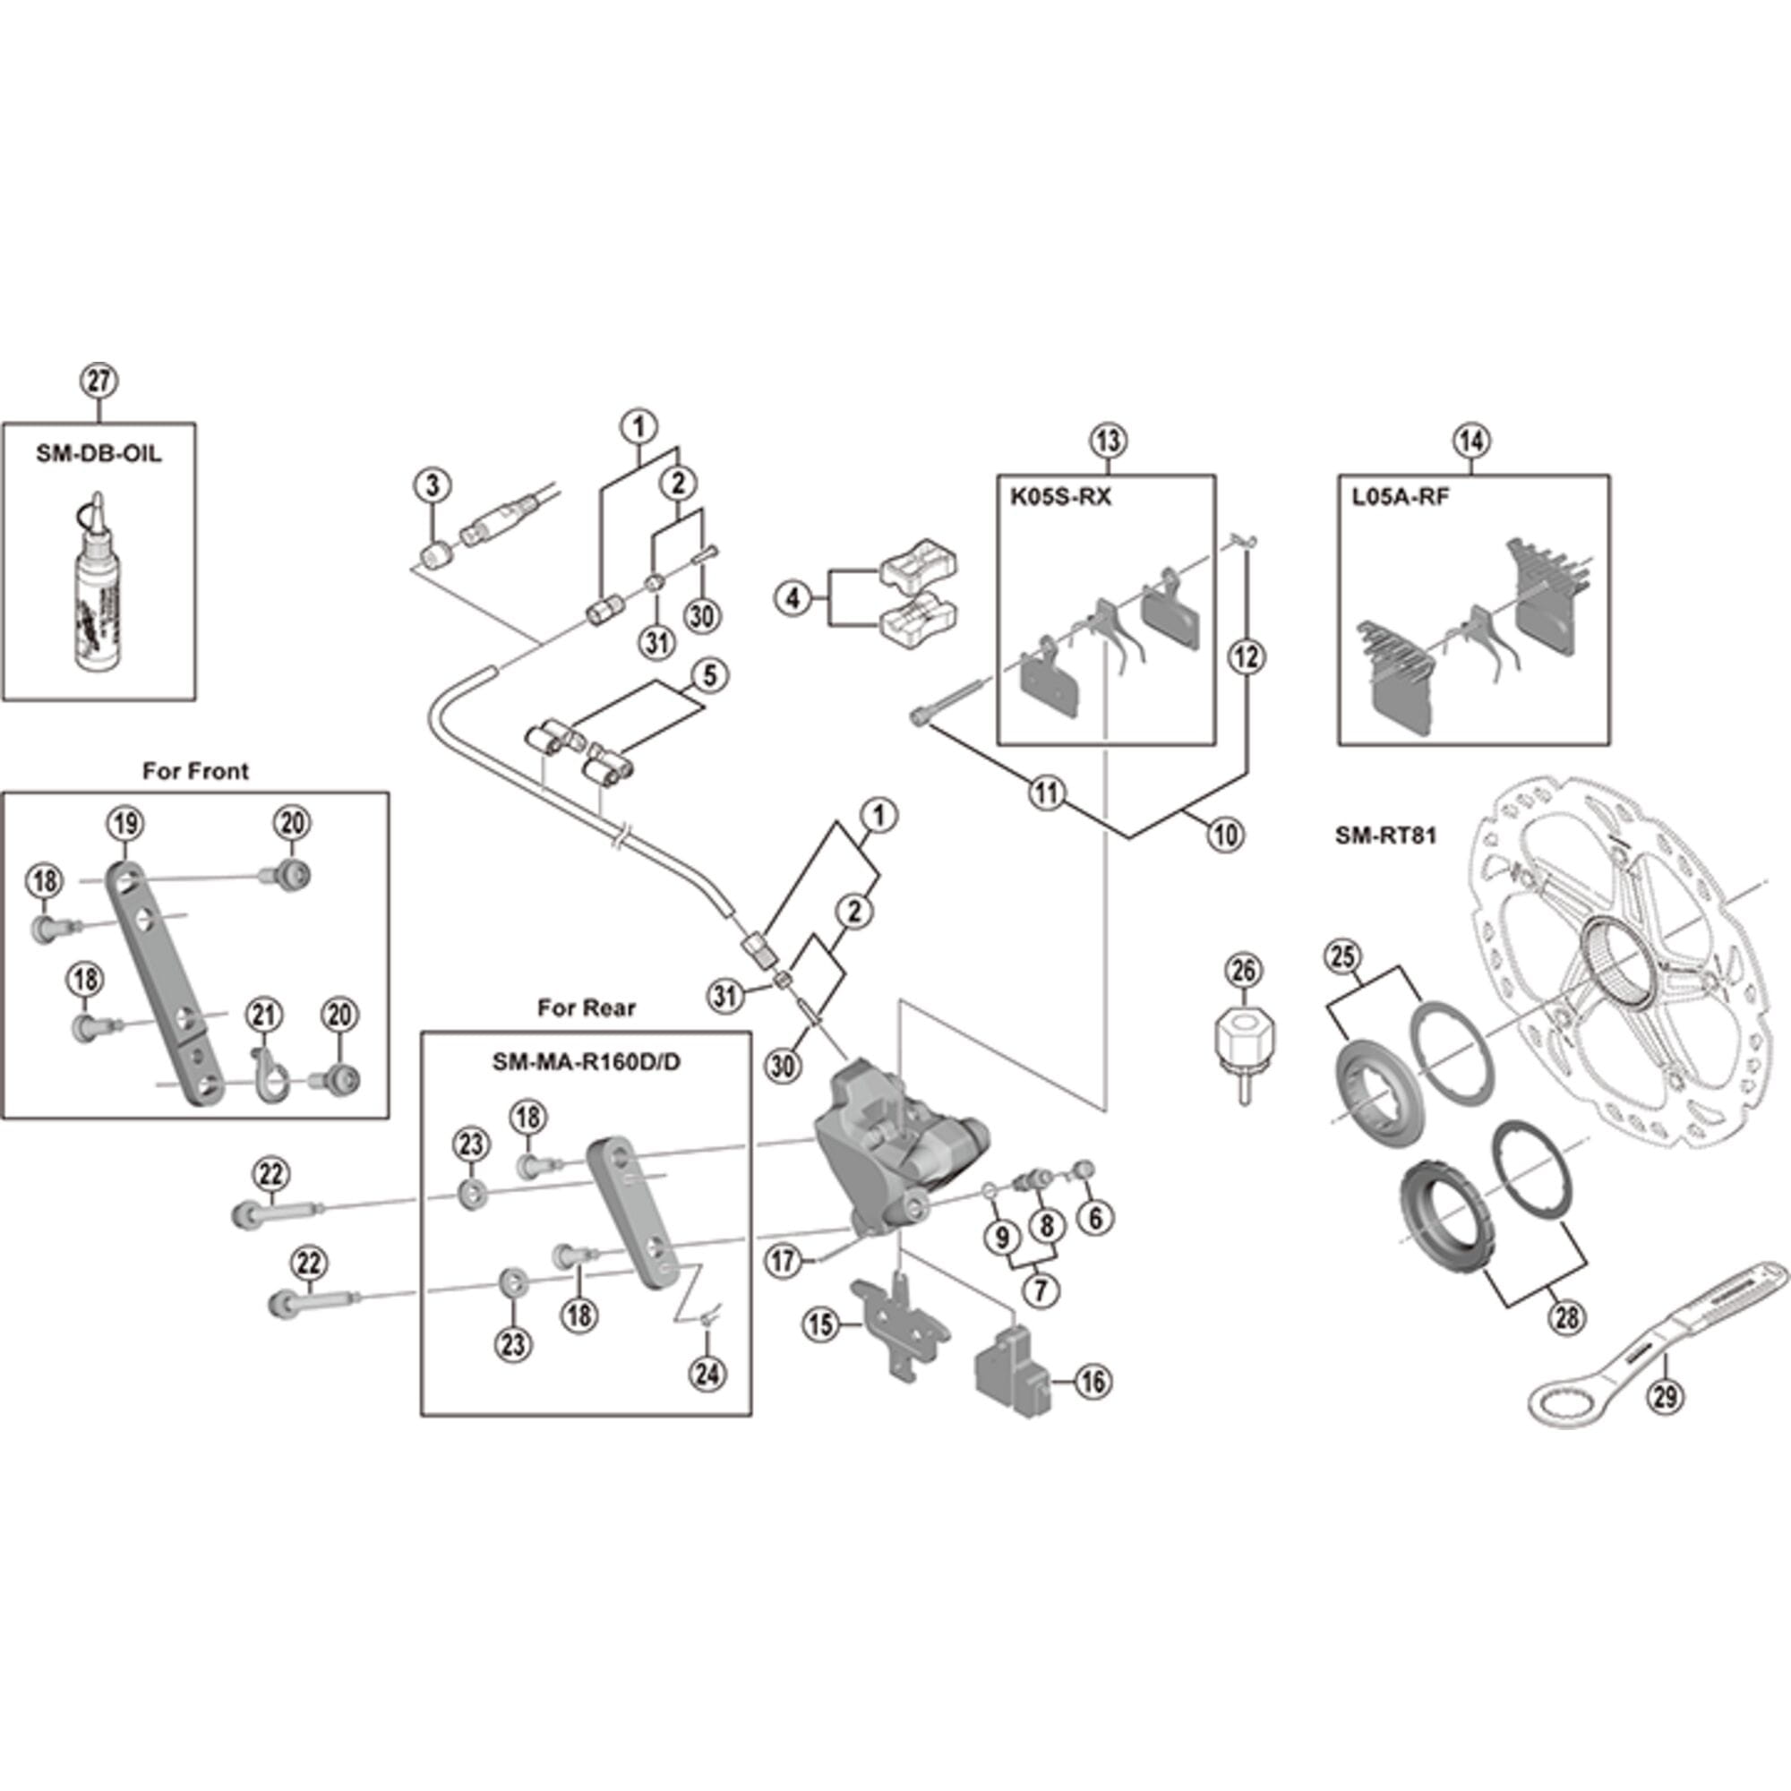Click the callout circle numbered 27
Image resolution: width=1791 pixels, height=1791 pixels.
click(x=99, y=381)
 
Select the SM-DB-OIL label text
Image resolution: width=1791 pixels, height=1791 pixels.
click(x=99, y=453)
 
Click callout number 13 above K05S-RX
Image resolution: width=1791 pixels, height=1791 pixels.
click(x=1108, y=441)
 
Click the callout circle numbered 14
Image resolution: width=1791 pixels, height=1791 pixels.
click(x=1472, y=441)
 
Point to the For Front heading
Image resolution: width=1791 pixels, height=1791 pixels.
click(x=195, y=771)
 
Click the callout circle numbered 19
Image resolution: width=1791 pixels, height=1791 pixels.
click(x=126, y=823)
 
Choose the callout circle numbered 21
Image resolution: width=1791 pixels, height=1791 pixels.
click(x=263, y=1015)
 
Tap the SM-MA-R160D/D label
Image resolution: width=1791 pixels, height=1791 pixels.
click(x=586, y=1062)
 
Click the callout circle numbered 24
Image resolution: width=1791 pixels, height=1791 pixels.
click(x=707, y=1373)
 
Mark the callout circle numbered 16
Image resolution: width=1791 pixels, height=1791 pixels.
click(x=1093, y=1382)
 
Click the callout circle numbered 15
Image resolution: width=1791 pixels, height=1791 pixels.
click(x=821, y=1324)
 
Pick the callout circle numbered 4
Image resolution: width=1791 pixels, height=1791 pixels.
click(x=793, y=599)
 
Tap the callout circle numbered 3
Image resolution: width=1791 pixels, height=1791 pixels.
click(x=433, y=484)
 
